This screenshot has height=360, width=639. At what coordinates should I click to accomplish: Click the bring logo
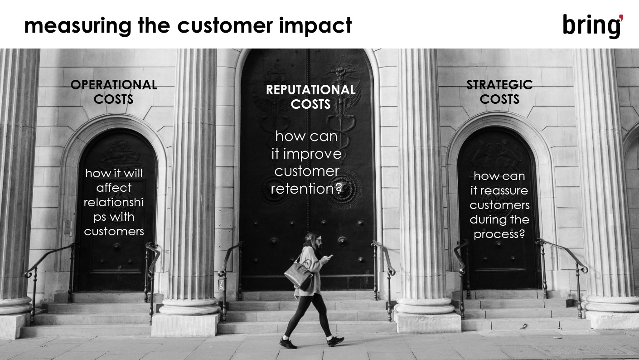[x=593, y=26]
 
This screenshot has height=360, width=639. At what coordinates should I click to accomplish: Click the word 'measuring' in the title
[x=77, y=26]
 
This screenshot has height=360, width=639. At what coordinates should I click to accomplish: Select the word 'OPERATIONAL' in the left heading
[x=114, y=85]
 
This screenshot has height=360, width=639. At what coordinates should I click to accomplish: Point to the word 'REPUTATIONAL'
[x=310, y=90]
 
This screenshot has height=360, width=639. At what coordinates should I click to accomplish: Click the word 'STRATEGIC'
[x=499, y=85]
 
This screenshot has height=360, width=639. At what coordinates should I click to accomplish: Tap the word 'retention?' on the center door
[x=306, y=189]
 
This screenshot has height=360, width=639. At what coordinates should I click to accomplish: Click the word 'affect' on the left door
[x=114, y=188]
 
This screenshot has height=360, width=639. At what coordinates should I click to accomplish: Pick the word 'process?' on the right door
[x=499, y=234]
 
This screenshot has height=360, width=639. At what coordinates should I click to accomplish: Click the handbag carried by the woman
[x=298, y=275]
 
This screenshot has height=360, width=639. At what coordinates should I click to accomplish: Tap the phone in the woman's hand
[x=329, y=257]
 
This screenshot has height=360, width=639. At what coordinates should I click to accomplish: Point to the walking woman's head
[x=314, y=239]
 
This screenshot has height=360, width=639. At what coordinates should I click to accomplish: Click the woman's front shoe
[x=335, y=341]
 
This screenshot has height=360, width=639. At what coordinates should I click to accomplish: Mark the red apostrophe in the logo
[x=621, y=18]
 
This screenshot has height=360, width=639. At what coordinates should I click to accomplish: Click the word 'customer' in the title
[x=225, y=26]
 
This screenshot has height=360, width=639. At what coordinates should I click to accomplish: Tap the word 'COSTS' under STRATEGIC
[x=499, y=99]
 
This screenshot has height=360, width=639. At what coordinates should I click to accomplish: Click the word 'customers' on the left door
[x=114, y=231]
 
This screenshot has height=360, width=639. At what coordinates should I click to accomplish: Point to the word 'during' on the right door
[x=484, y=219]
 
